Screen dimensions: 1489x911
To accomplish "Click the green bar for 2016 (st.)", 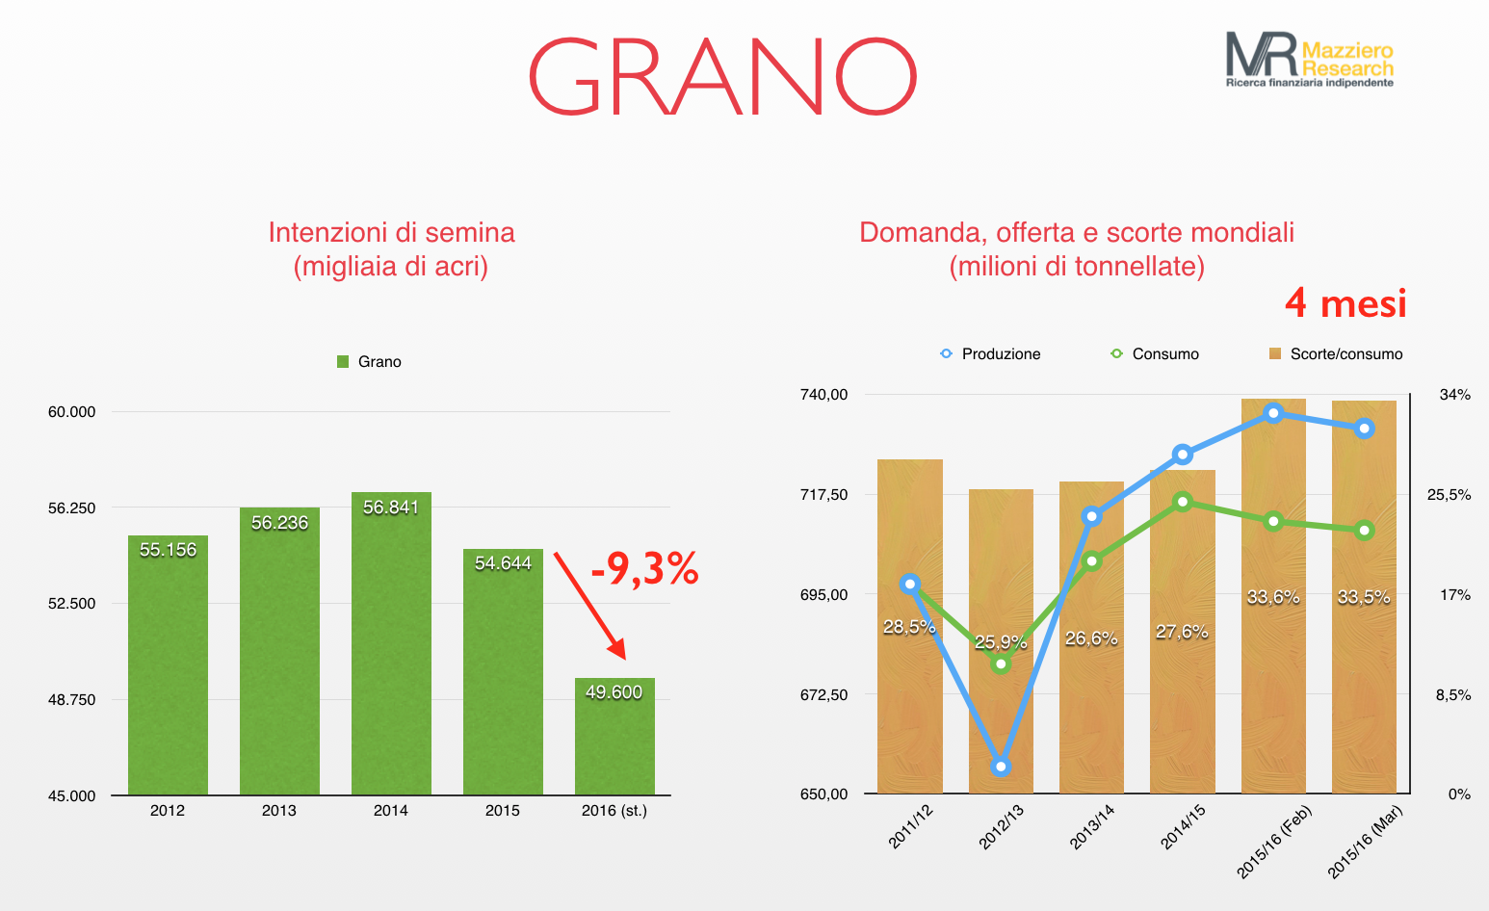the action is (614, 737).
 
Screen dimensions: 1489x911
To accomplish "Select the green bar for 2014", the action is (391, 643).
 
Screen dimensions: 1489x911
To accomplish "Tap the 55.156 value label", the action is (168, 550).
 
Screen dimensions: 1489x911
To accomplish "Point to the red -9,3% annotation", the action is (644, 569).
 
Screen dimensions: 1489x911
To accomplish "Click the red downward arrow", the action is (590, 606).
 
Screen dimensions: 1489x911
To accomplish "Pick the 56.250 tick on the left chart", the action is (72, 508).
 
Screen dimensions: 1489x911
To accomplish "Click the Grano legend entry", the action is (369, 361).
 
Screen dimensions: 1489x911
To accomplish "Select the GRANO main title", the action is (723, 77).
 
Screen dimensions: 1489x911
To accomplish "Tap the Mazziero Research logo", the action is (1310, 60).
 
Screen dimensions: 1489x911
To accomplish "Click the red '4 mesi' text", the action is (1345, 303).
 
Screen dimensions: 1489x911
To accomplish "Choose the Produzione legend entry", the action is (990, 353).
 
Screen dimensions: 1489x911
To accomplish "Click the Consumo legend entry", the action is (1155, 353).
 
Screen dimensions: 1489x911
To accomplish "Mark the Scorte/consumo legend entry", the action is (1336, 353).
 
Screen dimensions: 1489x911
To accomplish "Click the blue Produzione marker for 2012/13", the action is (1001, 767).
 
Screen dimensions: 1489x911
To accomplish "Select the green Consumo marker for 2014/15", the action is (1183, 502).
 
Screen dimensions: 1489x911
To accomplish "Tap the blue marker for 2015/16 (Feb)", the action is (1273, 413).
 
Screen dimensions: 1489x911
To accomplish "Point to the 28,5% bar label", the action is (908, 627).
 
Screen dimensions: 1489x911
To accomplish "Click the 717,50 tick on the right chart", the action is (823, 494).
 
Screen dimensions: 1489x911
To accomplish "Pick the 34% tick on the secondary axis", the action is (1455, 395).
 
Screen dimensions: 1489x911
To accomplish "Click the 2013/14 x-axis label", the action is (1092, 826).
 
